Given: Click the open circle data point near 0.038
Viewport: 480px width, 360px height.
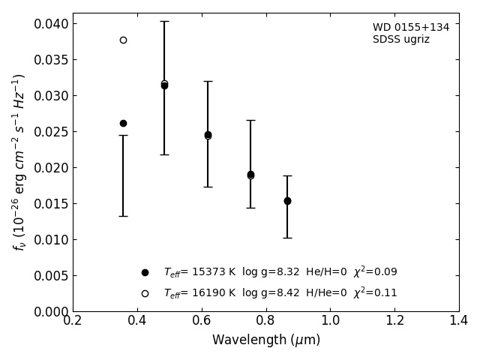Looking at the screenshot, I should [123, 40].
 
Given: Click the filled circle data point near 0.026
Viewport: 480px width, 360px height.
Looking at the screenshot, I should [123, 123].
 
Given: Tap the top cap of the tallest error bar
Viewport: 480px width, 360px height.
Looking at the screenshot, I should [164, 21].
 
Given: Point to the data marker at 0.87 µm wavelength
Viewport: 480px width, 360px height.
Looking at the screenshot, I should [287, 201].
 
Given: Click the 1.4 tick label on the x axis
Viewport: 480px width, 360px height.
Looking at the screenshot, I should [458, 321].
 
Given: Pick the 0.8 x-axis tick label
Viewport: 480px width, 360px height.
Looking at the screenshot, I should [265, 321].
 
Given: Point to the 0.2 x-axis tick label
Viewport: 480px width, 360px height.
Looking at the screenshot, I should [73, 321].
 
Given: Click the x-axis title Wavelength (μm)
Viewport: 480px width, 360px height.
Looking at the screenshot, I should [265, 340].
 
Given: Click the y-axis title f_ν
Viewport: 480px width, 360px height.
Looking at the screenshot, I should [19, 162].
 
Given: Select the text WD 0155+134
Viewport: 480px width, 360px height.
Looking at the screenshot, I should [411, 28].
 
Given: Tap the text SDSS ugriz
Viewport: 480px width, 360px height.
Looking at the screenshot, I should [401, 40].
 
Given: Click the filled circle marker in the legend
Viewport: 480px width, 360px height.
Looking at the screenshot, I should [145, 272].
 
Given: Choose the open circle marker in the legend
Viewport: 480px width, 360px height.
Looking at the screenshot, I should [145, 293].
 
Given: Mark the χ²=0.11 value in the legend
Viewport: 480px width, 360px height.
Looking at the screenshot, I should [375, 292].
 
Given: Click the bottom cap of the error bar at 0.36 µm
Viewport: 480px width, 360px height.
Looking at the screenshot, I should [123, 216].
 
